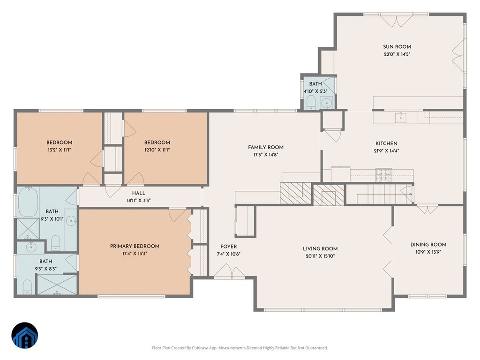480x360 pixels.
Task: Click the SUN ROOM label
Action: tap(397, 47)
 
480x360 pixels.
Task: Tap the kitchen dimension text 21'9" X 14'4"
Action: tap(386, 151)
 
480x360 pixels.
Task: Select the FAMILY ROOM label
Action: tap(266, 147)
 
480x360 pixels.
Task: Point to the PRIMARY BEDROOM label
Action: tap(135, 246)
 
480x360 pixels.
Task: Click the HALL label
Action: tap(139, 193)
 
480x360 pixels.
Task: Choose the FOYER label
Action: tap(228, 247)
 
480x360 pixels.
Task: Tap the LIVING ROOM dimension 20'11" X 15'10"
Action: tap(320, 256)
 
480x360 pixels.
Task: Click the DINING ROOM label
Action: tap(428, 245)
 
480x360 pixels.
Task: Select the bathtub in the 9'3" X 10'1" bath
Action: tap(28, 202)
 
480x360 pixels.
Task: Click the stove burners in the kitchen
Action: tap(384, 175)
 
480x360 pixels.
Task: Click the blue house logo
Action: tap(25, 336)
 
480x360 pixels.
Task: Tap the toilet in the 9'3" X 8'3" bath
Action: tap(27, 287)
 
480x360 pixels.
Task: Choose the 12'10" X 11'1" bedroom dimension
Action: tap(157, 150)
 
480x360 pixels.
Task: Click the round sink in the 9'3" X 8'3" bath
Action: tap(31, 247)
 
